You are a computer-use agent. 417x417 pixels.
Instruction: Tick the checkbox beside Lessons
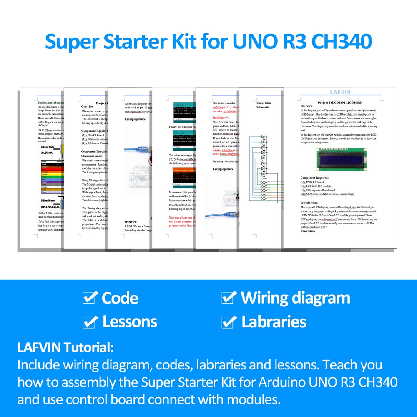coord(90,322)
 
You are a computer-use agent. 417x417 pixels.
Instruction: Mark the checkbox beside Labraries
coord(229,322)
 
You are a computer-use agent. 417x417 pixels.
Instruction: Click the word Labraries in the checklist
coord(274,322)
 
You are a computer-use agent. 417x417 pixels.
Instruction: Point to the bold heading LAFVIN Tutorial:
coord(65,347)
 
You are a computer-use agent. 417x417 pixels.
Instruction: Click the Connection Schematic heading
coord(263,105)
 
